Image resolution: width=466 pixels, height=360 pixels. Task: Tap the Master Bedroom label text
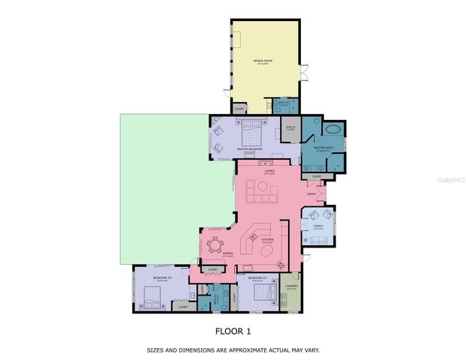point(248,149)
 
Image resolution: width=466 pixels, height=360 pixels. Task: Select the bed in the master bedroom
point(249,135)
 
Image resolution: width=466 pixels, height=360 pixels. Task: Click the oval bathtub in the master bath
point(332,128)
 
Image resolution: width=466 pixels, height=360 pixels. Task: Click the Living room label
point(269,172)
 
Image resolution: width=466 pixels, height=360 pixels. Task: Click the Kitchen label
point(268,240)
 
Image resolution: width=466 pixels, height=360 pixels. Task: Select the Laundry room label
point(291,285)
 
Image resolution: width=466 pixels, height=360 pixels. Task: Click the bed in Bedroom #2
point(260,290)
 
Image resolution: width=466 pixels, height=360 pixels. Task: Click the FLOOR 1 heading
point(233,330)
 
